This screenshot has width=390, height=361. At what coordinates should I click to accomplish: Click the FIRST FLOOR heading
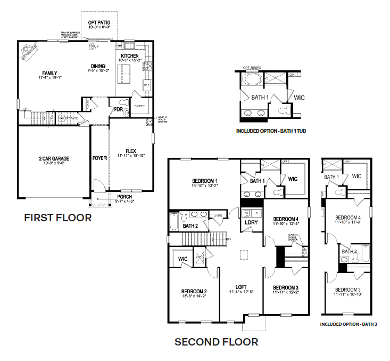tap(58, 218)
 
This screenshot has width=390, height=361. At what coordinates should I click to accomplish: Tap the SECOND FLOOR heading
tap(217, 342)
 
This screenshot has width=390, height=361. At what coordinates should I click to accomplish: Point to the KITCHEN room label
tap(130, 56)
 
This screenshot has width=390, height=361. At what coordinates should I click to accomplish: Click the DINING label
tap(98, 67)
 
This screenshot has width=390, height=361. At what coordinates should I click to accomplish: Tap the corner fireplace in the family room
tap(30, 51)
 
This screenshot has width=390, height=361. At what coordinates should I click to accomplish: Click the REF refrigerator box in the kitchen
tap(145, 84)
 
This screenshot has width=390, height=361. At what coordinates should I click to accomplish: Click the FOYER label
tap(99, 158)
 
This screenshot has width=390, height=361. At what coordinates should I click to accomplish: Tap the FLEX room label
tap(131, 151)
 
